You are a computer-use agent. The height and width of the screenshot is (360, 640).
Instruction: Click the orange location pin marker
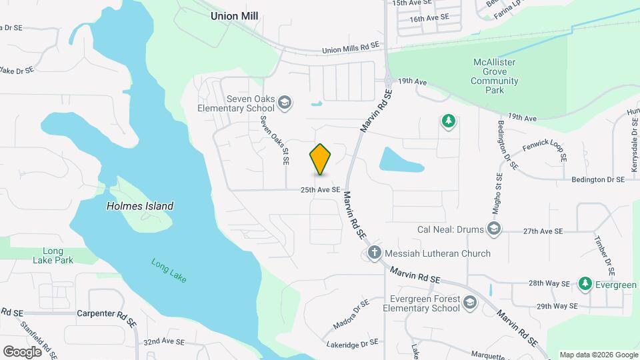[321, 159]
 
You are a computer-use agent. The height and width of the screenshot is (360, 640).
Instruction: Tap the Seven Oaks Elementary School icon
[285, 102]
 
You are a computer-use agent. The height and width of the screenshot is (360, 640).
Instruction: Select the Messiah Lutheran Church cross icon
[375, 253]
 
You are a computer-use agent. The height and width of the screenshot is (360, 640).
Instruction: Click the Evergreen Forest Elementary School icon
[470, 303]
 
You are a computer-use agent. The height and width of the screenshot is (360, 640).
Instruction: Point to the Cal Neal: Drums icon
[494, 230]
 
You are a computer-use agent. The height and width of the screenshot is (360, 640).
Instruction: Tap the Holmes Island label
[140, 206]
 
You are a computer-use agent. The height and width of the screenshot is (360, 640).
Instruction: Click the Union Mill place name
[234, 15]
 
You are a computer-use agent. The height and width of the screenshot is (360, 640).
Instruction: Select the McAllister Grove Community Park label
[495, 76]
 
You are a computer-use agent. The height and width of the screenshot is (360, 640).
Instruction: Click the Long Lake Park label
[53, 255]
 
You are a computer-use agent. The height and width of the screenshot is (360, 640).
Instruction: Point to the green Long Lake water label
[169, 270]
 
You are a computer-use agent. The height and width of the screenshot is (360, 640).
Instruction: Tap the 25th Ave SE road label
[320, 190]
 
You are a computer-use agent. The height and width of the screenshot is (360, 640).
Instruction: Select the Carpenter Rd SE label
[107, 313]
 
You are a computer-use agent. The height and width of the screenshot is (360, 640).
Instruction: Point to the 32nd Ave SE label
[163, 341]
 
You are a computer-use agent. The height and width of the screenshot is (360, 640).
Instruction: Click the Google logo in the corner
[22, 351]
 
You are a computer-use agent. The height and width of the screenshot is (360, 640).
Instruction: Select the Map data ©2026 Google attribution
[599, 355]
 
